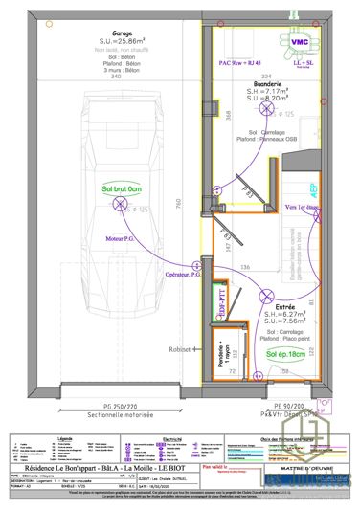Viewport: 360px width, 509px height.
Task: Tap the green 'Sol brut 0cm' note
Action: tap(121, 189)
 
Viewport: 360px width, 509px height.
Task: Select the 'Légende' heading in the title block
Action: tap(64, 437)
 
